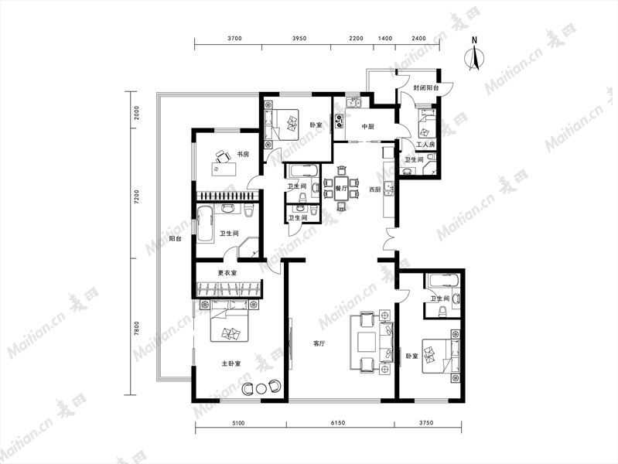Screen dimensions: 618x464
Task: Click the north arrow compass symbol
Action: coord(475,58)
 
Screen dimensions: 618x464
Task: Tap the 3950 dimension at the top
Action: coord(299,38)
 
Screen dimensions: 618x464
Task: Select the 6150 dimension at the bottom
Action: coord(338,422)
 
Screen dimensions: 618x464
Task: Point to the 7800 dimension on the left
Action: coord(137,328)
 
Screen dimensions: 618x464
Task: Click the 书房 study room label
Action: coord(243,154)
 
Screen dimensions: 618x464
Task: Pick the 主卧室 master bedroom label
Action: coord(231,363)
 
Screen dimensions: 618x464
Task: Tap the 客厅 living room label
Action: coord(319,344)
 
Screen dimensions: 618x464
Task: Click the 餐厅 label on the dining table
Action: coord(341,189)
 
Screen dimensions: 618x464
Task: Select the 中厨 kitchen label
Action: coord(367,127)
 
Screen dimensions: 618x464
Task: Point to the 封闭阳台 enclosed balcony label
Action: coord(426,88)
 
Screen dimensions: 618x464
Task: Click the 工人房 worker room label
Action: coord(425,145)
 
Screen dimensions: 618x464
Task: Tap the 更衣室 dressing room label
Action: coord(227,273)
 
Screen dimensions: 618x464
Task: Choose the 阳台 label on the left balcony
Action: coord(176,239)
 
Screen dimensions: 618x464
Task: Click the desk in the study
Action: coord(224,169)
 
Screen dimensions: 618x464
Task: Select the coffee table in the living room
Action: coord(367,342)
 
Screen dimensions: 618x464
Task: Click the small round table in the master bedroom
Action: coord(261,389)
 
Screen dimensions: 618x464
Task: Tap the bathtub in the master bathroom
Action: coord(205,223)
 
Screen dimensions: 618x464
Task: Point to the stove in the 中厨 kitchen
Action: coord(340,120)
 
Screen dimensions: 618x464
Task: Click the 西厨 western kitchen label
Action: coord(375,189)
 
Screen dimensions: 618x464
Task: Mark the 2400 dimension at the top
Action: coord(418,38)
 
